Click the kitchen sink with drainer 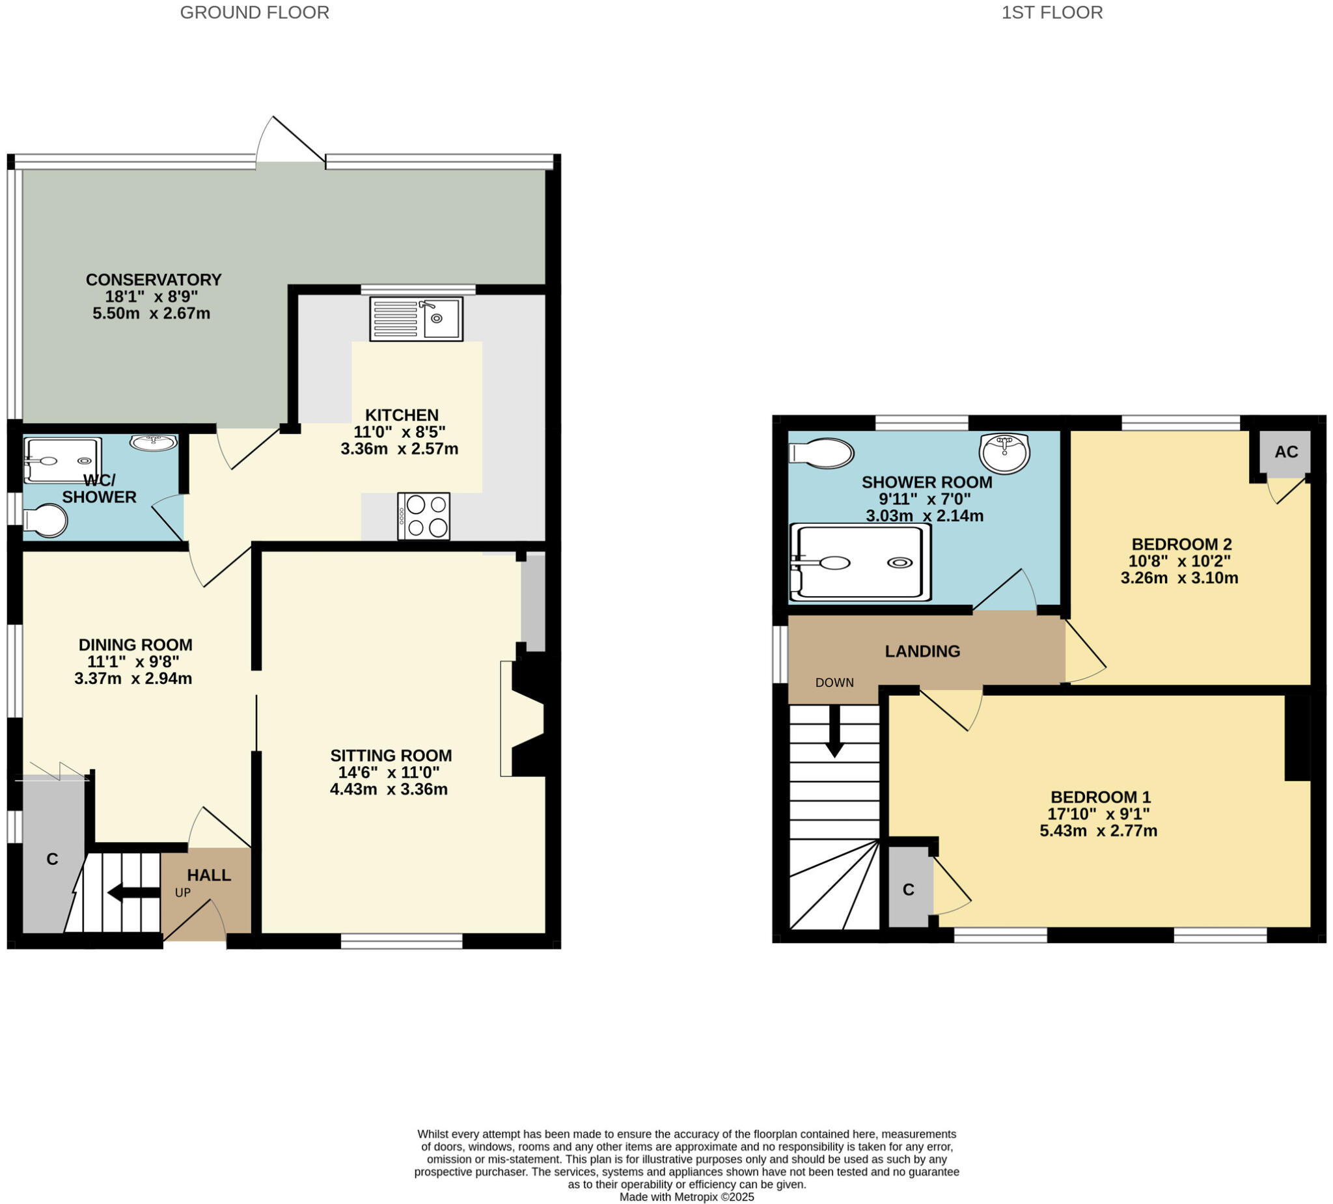coord(416,319)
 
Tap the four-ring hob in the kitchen coord(423,515)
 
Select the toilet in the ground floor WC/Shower coord(45,521)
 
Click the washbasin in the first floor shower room coord(1004,454)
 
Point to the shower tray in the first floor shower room coord(860,563)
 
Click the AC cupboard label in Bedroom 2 coord(1286,452)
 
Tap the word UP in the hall coord(182,892)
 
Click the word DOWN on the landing coord(834,683)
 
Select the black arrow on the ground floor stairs coord(133,892)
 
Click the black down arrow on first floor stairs coord(834,732)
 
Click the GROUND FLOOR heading coord(254,12)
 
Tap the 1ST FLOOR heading coord(1052,12)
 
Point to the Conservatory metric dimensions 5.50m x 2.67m coord(152,314)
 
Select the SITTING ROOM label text coord(391,755)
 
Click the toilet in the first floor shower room coord(821,454)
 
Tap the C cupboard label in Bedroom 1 coord(909,890)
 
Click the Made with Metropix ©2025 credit coord(686,1197)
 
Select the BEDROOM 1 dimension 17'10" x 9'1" coord(1098,814)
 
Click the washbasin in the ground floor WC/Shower coord(154,442)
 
